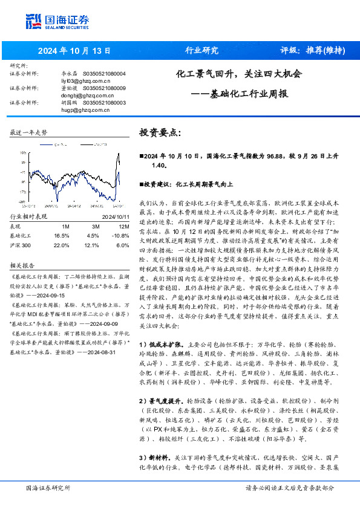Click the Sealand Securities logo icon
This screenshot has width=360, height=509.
pyautogui.click(x=34, y=21)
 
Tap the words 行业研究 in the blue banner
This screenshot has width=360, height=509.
pyautogui.click(x=201, y=50)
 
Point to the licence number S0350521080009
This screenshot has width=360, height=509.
pyautogui.click(x=104, y=88)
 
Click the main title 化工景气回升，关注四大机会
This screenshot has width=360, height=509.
pyautogui.click(x=238, y=75)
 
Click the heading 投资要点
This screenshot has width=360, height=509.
pyautogui.click(x=160, y=132)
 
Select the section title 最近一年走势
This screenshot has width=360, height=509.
pyautogui.click(x=28, y=132)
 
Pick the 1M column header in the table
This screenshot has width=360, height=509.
pyautogui.click(x=65, y=226)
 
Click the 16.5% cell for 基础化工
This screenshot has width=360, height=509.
pyautogui.click(x=62, y=235)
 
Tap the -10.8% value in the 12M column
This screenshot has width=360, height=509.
pyautogui.click(x=122, y=235)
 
